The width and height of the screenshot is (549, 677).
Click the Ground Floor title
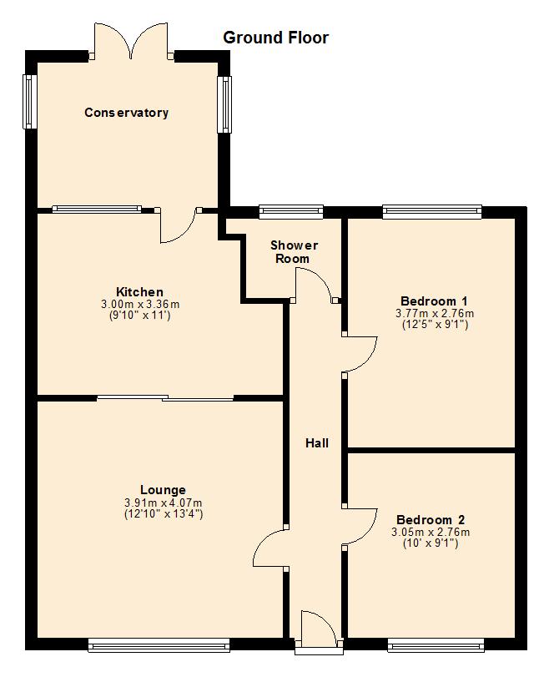point(275,38)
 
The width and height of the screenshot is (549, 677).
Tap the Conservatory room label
point(126,113)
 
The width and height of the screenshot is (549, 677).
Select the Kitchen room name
point(139,291)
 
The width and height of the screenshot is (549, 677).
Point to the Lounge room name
point(163,490)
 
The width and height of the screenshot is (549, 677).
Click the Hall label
point(317,443)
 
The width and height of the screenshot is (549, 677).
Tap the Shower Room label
point(294,252)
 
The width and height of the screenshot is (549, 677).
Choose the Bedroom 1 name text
point(434,301)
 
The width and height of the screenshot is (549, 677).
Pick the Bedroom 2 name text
point(431,519)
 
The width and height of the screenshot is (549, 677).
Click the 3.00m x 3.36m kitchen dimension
point(140,304)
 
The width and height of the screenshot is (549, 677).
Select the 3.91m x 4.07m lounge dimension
point(164,503)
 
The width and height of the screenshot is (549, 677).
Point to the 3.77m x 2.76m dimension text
point(434,313)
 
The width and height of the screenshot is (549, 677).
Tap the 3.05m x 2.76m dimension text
point(431,532)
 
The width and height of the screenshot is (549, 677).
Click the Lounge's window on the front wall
point(159,645)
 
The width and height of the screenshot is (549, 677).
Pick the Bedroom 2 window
point(436,645)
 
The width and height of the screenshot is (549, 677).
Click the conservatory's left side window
point(29,102)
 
